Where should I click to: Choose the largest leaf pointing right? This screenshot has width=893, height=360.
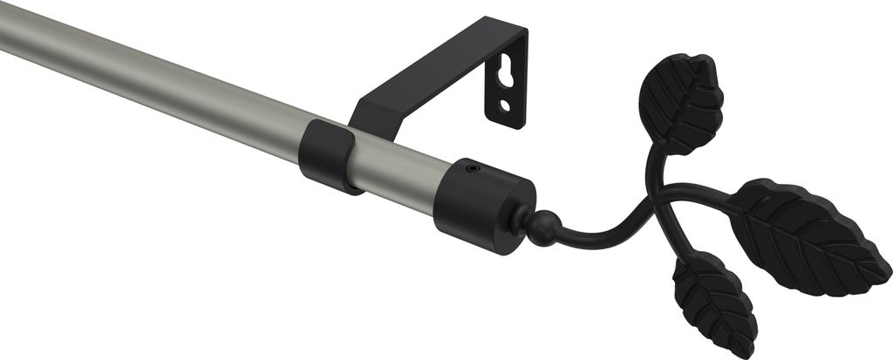point(807,235)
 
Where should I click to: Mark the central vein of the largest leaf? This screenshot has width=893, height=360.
point(807,234)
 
